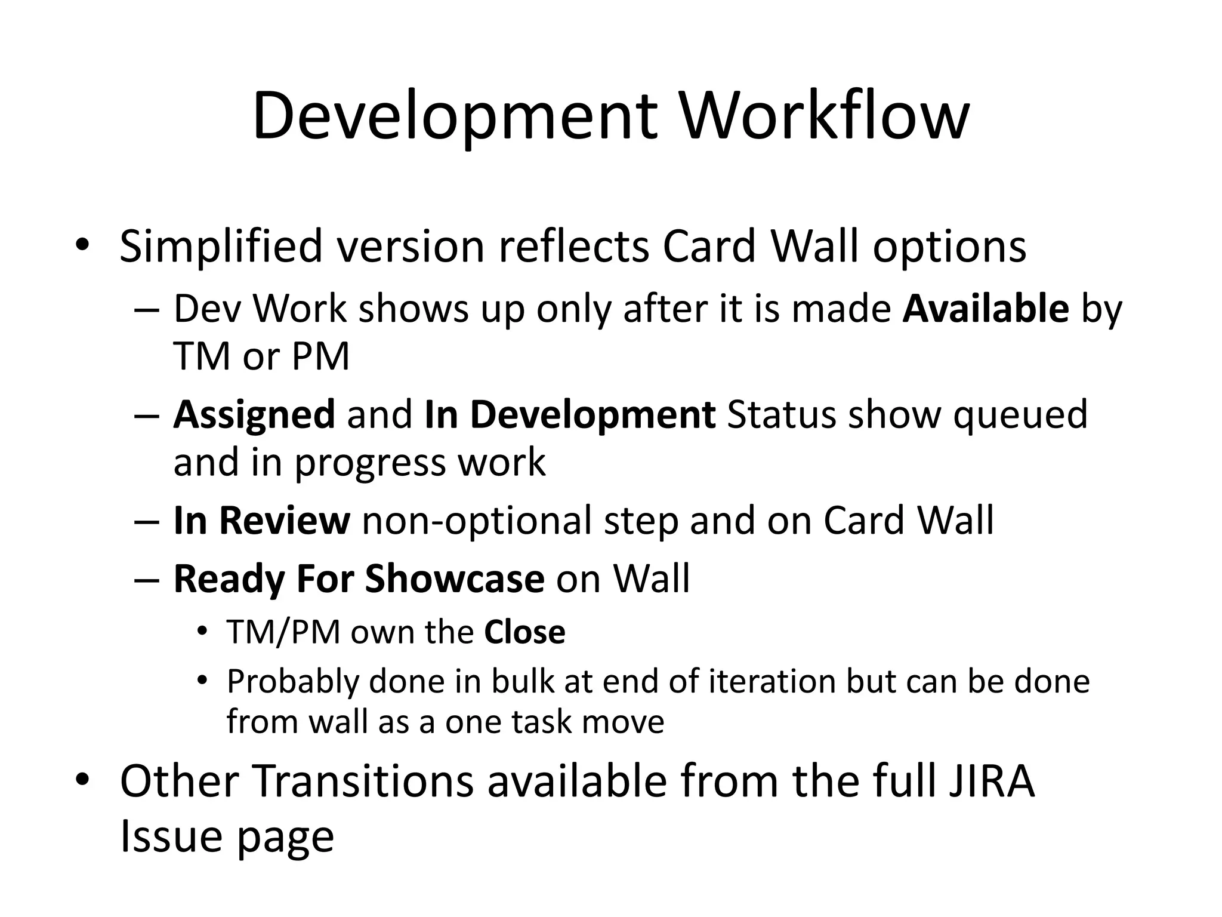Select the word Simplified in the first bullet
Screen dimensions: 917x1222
(221, 247)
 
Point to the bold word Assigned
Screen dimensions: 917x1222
(254, 415)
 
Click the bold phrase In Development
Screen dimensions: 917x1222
(570, 415)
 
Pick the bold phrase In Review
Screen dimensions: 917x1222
(261, 520)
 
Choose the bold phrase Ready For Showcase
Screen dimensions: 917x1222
(359, 578)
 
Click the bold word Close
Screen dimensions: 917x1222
(524, 632)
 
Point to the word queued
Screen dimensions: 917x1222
(1020, 415)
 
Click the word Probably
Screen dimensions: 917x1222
(292, 681)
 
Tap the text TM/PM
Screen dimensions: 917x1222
(283, 632)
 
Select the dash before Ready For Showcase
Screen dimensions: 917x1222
(147, 580)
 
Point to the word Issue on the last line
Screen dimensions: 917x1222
(171, 836)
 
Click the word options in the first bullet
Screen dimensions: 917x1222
(949, 247)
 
